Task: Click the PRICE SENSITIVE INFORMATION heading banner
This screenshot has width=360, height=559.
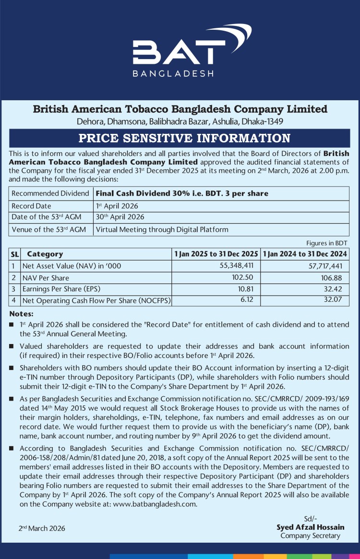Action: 184,138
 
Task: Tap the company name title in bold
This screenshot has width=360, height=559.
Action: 180,109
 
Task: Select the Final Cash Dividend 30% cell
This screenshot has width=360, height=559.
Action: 182,193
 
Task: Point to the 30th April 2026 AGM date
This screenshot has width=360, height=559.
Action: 120,217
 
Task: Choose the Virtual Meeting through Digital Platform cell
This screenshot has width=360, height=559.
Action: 162,229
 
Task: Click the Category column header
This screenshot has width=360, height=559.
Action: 45,254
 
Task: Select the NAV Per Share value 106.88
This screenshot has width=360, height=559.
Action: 332,278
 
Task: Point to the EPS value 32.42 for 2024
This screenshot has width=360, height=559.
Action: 334,289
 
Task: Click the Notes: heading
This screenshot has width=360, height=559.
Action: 21,314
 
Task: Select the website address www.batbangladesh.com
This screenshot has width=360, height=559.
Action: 156,504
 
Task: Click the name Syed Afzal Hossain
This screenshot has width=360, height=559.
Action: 310,527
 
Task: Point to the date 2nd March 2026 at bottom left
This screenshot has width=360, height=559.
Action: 42,528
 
